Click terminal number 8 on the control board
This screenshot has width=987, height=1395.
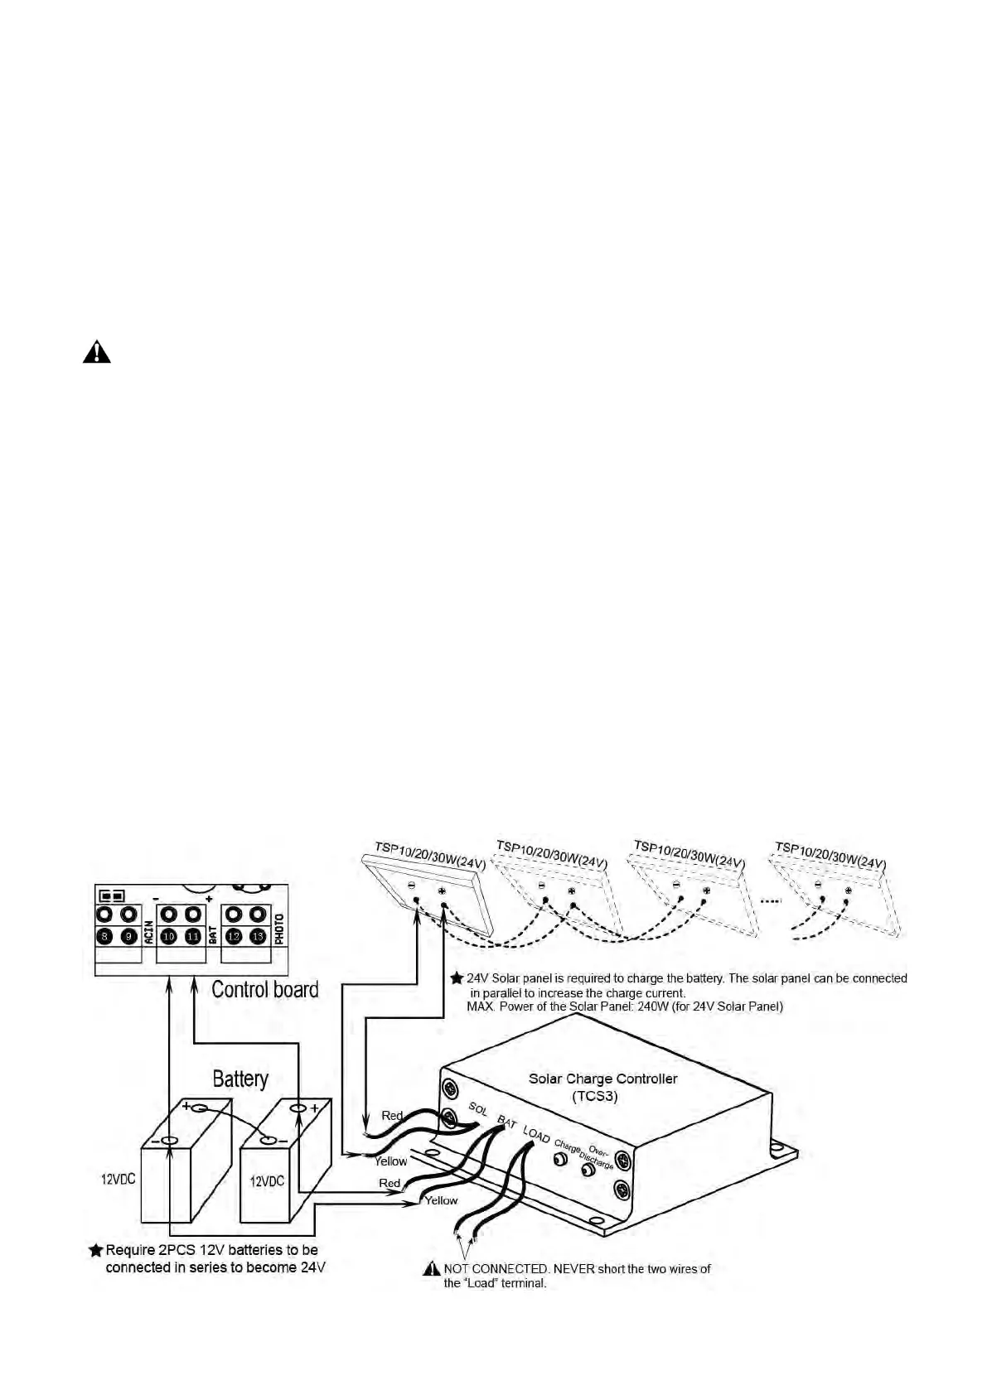(x=104, y=936)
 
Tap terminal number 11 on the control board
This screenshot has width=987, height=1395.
(x=193, y=936)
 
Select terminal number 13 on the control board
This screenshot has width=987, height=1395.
(x=258, y=936)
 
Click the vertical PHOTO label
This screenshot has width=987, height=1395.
(x=279, y=929)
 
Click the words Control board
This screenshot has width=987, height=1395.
(x=264, y=989)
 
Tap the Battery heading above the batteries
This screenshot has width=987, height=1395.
(x=240, y=1079)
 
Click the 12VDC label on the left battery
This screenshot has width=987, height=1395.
(x=119, y=1179)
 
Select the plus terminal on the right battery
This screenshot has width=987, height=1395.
(x=298, y=1108)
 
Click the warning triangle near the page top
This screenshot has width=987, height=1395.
(x=97, y=352)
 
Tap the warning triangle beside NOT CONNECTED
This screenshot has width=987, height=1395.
(x=432, y=1268)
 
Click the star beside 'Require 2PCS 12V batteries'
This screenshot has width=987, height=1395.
(x=96, y=1250)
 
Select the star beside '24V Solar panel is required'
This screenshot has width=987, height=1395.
(x=456, y=978)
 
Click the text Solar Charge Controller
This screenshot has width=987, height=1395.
(x=602, y=1079)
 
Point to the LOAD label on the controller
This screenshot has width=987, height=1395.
(x=536, y=1136)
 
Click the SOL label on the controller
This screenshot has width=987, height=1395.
(x=478, y=1108)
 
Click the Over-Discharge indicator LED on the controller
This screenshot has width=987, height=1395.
(x=588, y=1171)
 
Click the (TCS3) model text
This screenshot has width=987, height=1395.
(x=595, y=1096)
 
